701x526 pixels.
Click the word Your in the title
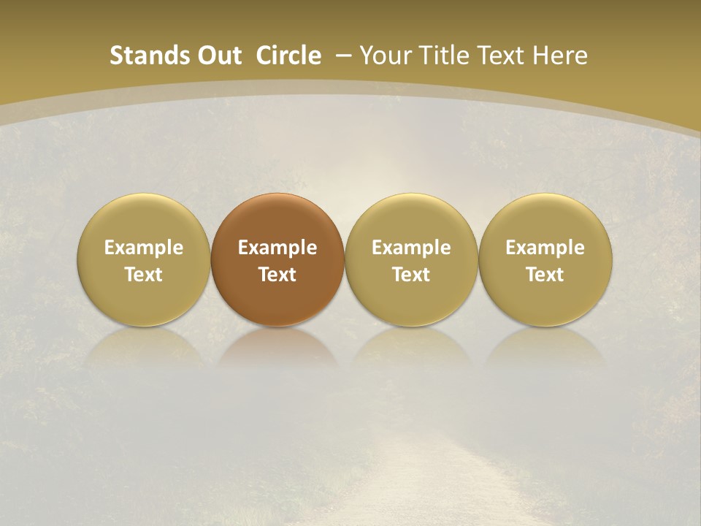coord(383,56)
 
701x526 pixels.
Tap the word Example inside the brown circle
coord(277,248)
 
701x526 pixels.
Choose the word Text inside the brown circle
coord(277,275)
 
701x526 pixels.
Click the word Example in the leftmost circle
coord(144,248)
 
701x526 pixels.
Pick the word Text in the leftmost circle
coord(144,275)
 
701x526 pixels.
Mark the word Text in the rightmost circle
coord(545,275)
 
